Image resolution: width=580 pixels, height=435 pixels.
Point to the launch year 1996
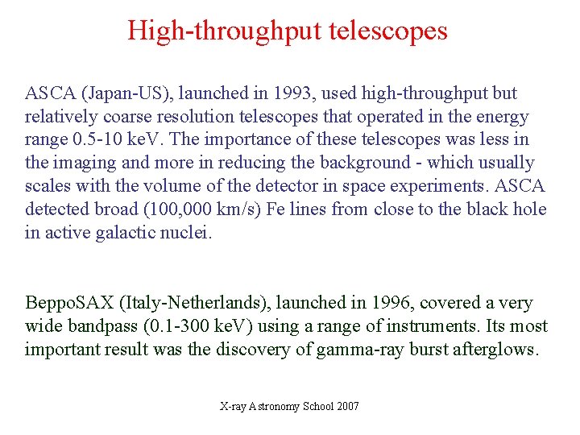pyautogui.click(x=394, y=303)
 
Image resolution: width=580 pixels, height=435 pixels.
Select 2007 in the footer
pyautogui.click(x=347, y=406)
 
